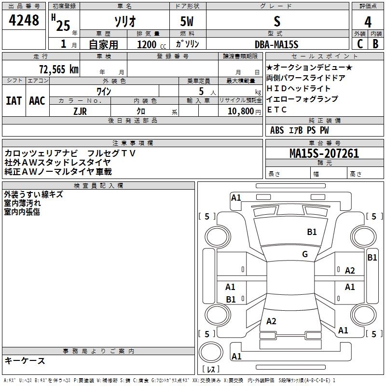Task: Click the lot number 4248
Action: point(24,21)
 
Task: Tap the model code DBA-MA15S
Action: point(276,44)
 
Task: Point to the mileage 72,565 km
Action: point(58,69)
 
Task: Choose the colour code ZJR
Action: point(80,110)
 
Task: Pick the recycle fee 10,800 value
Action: point(239,111)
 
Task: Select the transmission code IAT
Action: point(14,100)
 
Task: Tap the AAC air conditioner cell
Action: point(37,100)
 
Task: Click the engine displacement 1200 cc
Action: point(147,44)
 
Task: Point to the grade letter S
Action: point(277,22)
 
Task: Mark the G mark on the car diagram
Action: point(305,254)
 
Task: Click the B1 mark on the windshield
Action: point(312,232)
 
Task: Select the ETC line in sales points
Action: point(277,110)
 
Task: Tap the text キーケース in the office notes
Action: point(25,360)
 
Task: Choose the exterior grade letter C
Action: point(359,44)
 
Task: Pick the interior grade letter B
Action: point(375,44)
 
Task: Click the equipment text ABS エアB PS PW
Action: point(300,130)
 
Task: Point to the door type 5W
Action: point(188,22)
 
